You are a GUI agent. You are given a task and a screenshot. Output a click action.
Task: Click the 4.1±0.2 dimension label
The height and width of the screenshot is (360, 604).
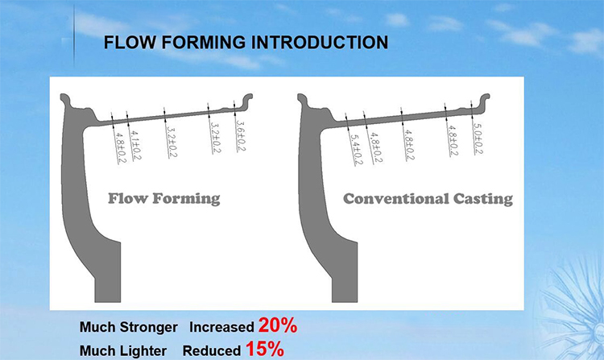[135, 146]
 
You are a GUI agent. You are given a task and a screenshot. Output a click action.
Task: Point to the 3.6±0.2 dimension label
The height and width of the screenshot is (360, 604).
[240, 136]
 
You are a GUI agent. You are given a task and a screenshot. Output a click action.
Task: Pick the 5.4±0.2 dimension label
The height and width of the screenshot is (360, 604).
[356, 150]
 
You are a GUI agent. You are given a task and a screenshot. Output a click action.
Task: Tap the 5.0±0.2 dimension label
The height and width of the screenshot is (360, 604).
[478, 139]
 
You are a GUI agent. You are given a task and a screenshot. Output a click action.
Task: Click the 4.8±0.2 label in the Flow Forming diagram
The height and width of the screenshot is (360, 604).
[121, 148]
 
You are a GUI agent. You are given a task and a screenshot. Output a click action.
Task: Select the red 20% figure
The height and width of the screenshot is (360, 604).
[278, 325]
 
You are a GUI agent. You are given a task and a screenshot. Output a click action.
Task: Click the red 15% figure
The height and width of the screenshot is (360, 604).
[265, 350]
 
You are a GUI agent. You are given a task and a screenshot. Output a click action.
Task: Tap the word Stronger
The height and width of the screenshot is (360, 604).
[149, 327]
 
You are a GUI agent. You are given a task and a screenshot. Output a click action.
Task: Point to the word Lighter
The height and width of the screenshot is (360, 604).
[143, 351]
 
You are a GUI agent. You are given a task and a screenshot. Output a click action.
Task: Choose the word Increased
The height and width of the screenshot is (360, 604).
[221, 327]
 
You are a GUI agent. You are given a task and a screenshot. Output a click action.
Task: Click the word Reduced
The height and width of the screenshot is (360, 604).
[212, 351]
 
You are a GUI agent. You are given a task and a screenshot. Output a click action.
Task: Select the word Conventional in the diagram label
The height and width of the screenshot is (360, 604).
[396, 199]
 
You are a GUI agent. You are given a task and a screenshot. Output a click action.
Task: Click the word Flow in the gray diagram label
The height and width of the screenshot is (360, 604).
[128, 198]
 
